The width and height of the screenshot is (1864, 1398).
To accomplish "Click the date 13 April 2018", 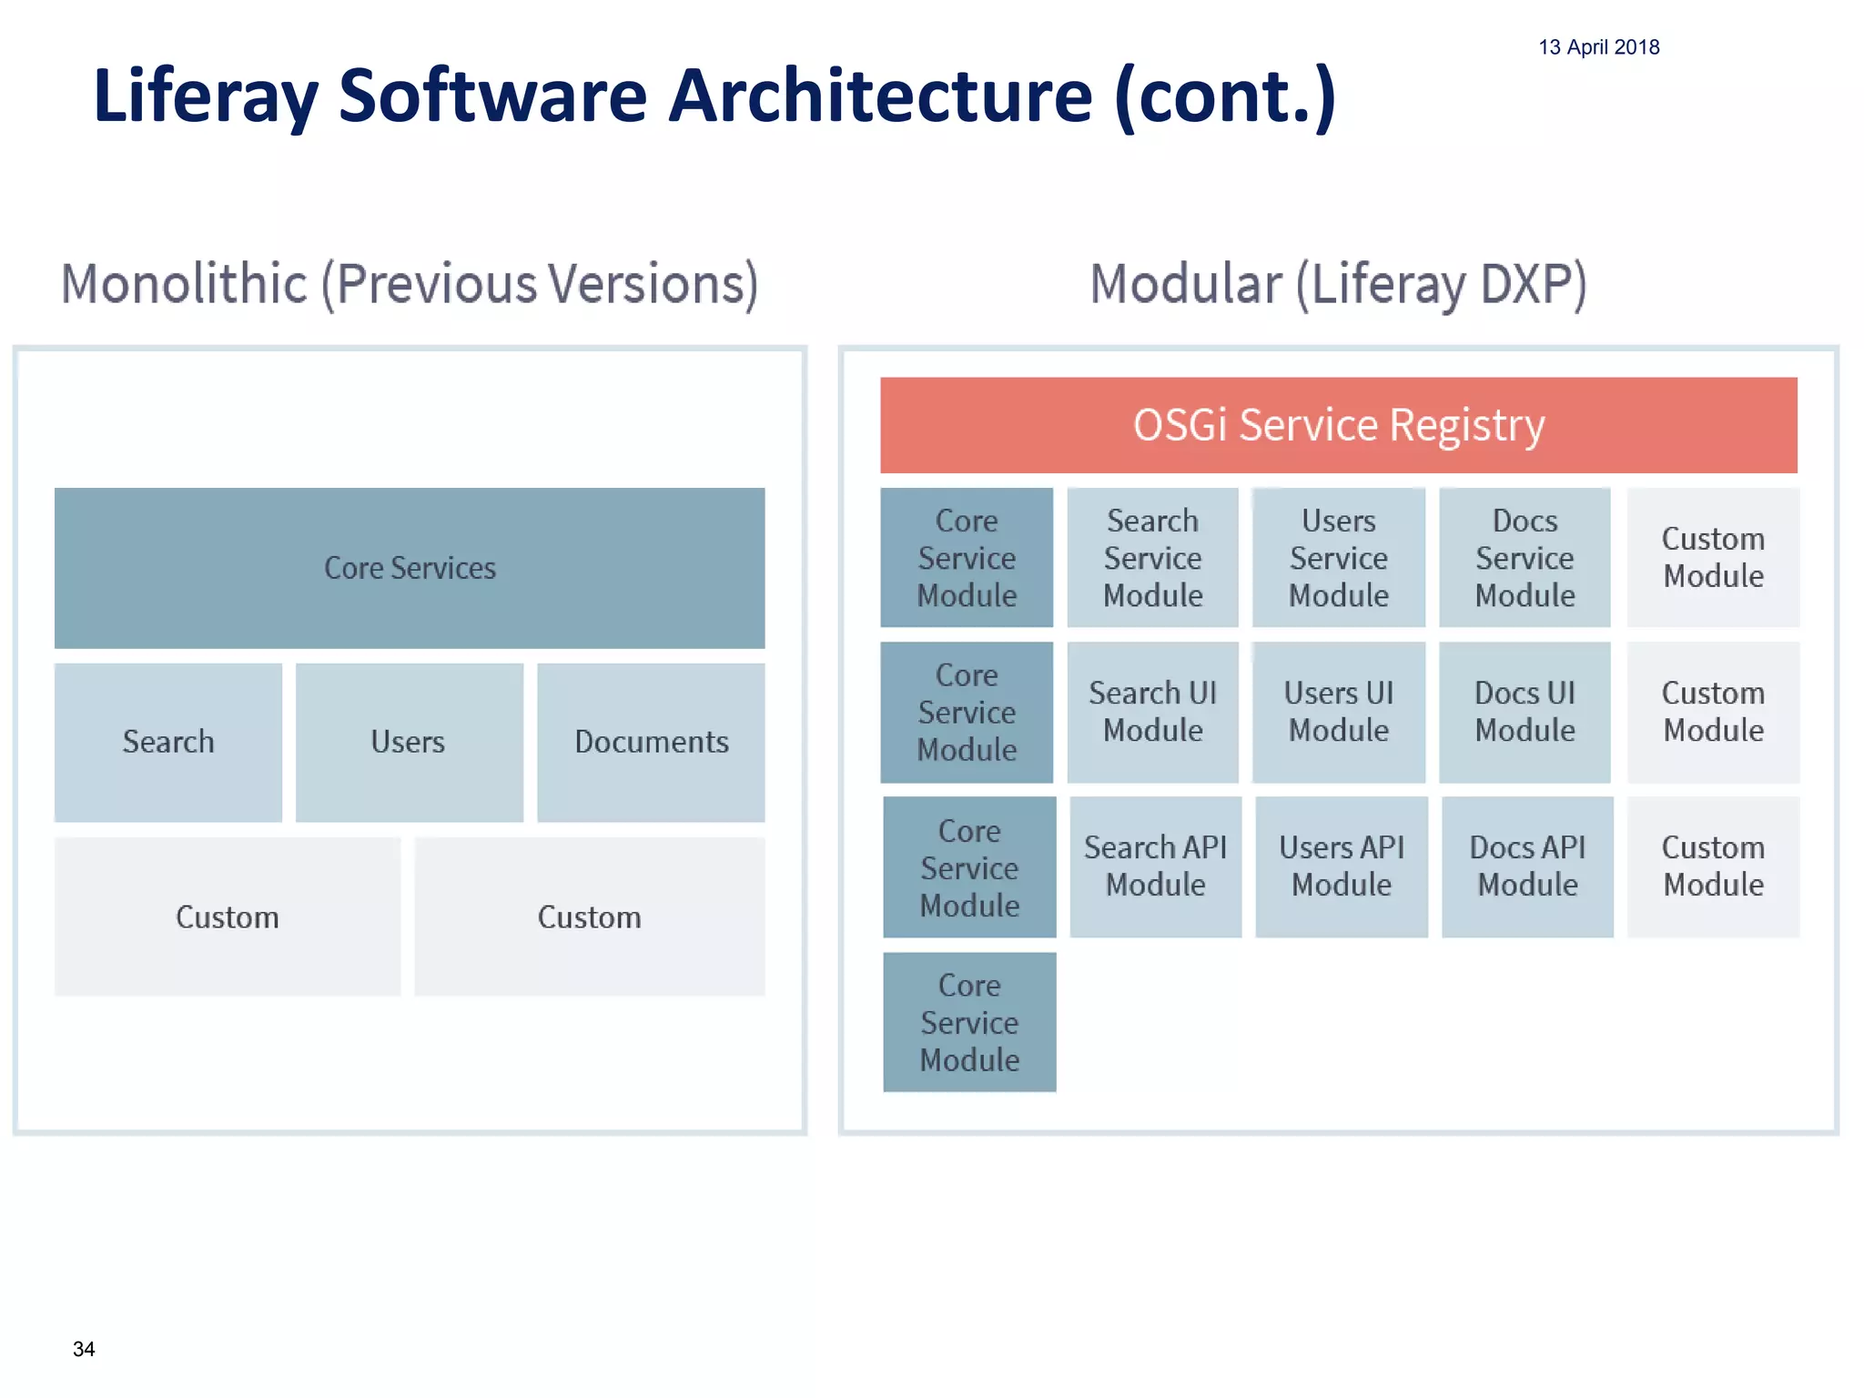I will (1598, 47).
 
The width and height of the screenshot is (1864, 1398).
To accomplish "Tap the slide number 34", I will (84, 1349).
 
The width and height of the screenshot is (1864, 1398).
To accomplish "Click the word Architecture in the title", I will (879, 96).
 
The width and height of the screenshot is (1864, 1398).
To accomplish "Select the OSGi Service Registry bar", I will (1338, 425).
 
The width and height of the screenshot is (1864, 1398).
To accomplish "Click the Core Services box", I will (410, 568).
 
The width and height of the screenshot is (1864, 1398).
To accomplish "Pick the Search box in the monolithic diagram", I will (168, 742).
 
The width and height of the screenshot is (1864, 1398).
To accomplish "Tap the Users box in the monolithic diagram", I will (409, 742).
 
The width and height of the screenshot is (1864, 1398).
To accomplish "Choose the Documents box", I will (651, 742).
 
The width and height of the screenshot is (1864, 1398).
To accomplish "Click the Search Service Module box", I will (1152, 557).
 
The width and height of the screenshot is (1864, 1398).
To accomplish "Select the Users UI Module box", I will (1338, 712).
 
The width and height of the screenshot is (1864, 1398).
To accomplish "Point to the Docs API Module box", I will (1527, 866).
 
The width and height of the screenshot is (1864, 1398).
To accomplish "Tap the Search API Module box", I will (1155, 866).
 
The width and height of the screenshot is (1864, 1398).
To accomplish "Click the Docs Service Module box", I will (1525, 557).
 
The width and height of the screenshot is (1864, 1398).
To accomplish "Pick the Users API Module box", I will (1342, 866).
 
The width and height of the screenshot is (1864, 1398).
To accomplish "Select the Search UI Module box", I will (1152, 712).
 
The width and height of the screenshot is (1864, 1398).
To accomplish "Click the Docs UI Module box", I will (1525, 712).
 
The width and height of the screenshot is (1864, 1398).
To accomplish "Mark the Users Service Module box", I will (1338, 557).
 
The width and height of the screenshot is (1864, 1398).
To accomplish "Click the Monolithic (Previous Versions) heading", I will (410, 284).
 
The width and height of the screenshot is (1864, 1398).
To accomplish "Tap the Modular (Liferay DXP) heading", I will (1338, 284).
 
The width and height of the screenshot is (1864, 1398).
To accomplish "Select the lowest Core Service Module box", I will (969, 1022).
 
